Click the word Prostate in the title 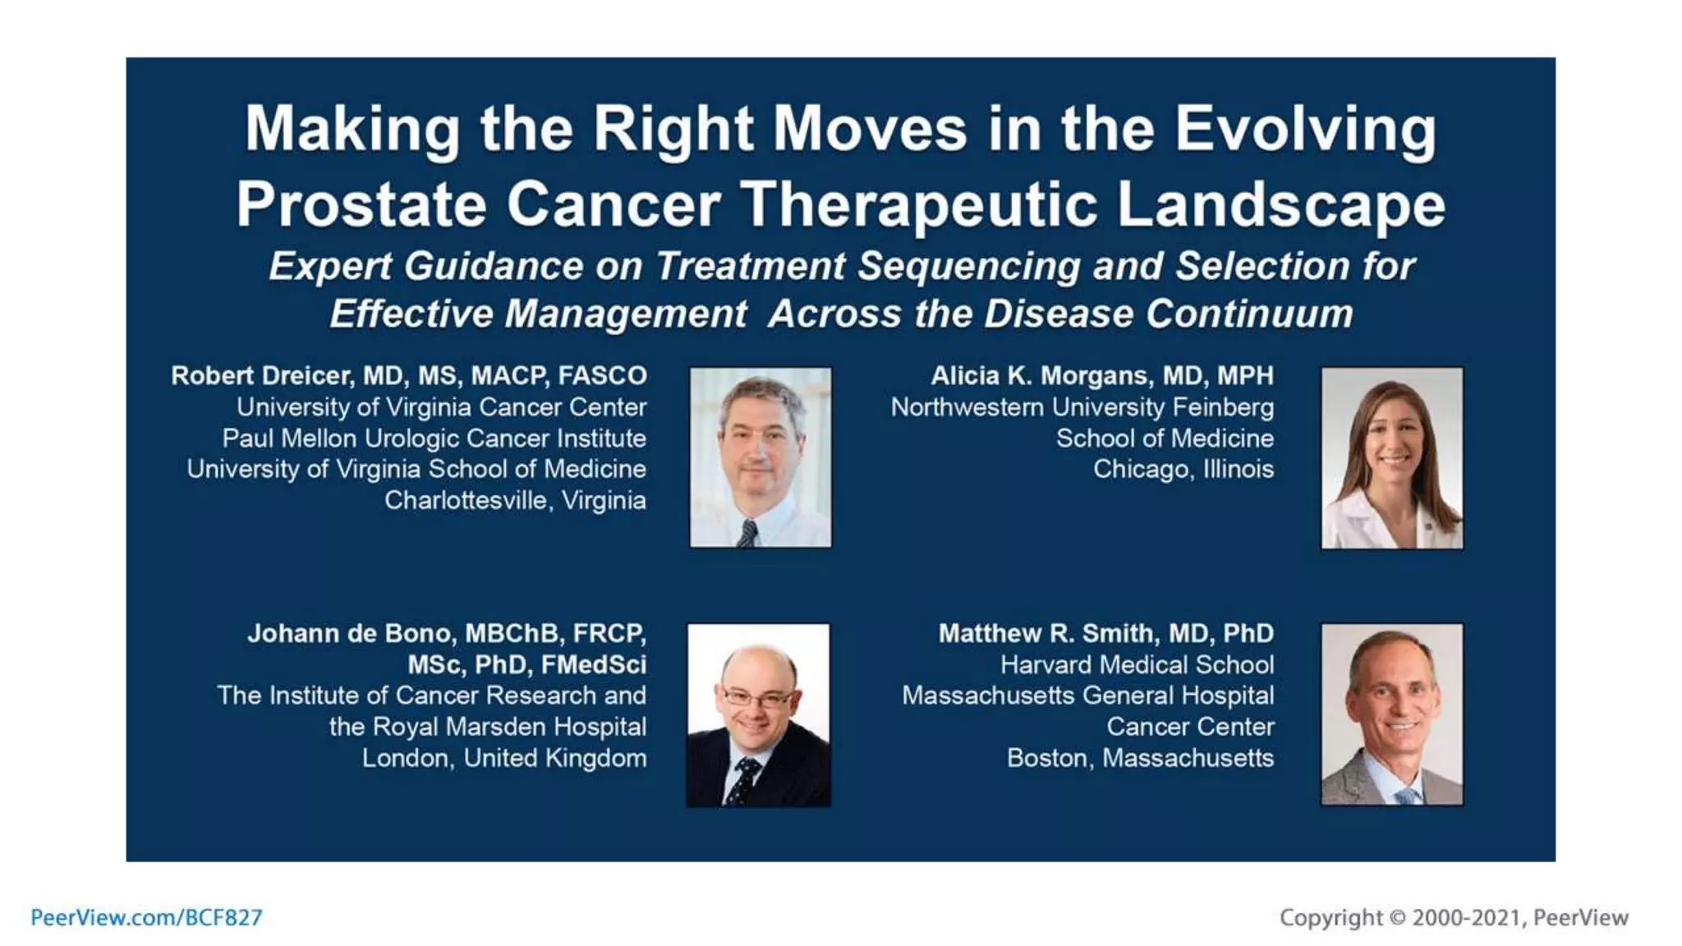pos(361,205)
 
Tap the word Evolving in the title pos(1305,130)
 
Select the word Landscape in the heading pos(1280,205)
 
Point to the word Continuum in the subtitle pos(1249,315)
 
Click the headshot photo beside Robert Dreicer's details pos(761,457)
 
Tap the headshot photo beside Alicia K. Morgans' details pos(1391,458)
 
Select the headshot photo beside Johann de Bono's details pos(758,714)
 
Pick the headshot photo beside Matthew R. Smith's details pos(1391,714)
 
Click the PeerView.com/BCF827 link pos(146,917)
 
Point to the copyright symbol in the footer pos(1397,917)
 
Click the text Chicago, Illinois pos(1183,470)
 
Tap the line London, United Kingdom pos(503,758)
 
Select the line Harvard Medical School pos(1137,665)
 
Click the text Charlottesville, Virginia pos(515,501)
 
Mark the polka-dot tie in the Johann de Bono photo pos(744,780)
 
